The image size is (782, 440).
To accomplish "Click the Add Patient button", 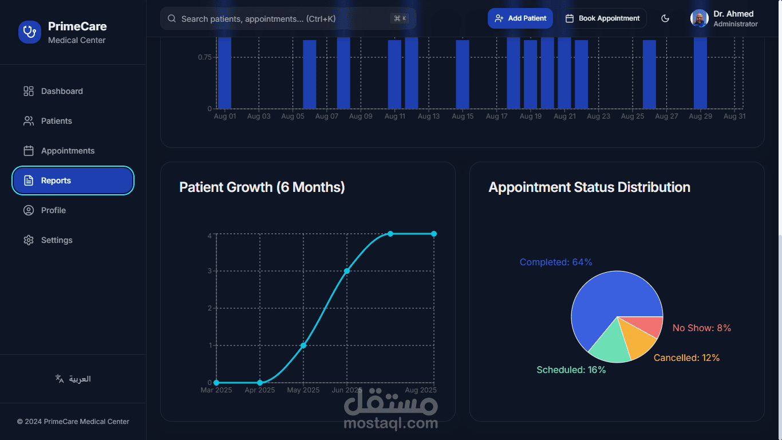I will (x=520, y=18).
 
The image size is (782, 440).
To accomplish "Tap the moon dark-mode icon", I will (x=665, y=18).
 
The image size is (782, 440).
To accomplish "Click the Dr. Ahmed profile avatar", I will (x=700, y=18).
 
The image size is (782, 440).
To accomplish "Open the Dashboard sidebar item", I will (x=62, y=91).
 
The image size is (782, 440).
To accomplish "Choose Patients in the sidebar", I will (x=56, y=121).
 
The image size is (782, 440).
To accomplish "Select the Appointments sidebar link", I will (x=68, y=151).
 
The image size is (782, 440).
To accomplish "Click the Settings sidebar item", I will (x=57, y=240).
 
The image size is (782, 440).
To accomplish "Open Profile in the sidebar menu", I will (x=53, y=210).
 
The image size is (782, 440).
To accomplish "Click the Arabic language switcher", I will (x=73, y=379).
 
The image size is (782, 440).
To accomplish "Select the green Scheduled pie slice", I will (x=610, y=344).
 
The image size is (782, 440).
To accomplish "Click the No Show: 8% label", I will (x=701, y=328).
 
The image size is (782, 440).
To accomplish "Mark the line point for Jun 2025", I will (x=347, y=270).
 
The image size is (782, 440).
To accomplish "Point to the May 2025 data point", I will (x=303, y=345).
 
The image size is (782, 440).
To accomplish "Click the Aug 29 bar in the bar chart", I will (x=700, y=74).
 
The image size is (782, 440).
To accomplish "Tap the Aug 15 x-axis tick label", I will (x=463, y=116).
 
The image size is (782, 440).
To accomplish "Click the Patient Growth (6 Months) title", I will (x=262, y=187).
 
